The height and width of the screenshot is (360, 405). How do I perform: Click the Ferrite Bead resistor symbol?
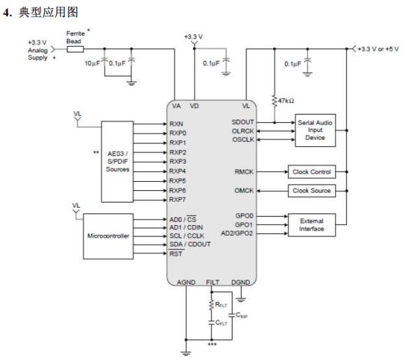pos(75,49)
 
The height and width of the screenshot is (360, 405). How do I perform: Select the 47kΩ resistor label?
pos(286,101)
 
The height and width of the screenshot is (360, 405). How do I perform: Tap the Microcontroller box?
pos(108,236)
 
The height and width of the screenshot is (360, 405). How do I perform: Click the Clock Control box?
pos(311,172)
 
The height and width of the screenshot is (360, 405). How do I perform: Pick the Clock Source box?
pos(311,191)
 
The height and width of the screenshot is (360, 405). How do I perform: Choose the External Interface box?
pos(311,225)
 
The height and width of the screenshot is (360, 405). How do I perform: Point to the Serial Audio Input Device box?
pos(316,130)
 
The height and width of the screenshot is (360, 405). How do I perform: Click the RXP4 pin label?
pos(177,171)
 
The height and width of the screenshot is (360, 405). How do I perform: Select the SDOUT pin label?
pos(243,122)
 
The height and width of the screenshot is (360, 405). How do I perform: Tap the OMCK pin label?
pos(244,191)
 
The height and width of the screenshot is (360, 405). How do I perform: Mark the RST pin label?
pos(176,254)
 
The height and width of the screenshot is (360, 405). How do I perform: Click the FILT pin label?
pos(212,282)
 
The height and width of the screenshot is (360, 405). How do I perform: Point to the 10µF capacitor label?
pos(92,64)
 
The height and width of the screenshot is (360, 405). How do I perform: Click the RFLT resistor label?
pos(221,305)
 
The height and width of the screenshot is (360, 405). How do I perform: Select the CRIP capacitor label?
pos(242,315)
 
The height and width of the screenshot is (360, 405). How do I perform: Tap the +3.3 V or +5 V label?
pos(378,49)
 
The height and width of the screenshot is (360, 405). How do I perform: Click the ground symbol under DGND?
pos(241,300)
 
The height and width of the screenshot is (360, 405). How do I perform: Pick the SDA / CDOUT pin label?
pos(190,245)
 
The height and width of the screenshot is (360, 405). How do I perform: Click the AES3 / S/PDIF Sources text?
pos(117,161)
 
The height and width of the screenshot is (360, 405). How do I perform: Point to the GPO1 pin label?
pos(244,225)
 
